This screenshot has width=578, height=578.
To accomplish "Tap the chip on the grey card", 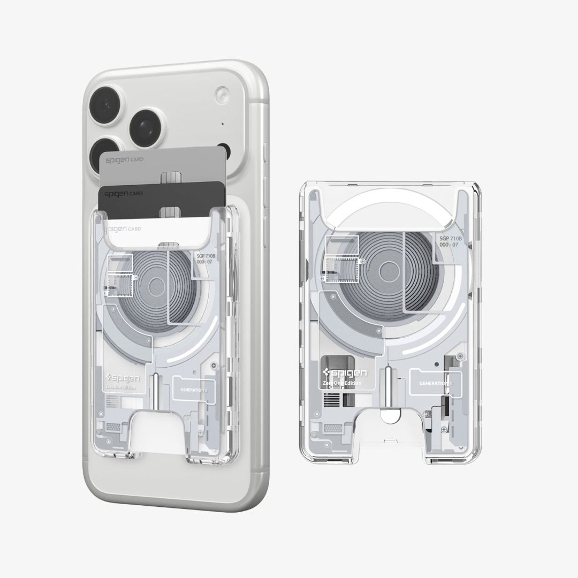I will (170, 178).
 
